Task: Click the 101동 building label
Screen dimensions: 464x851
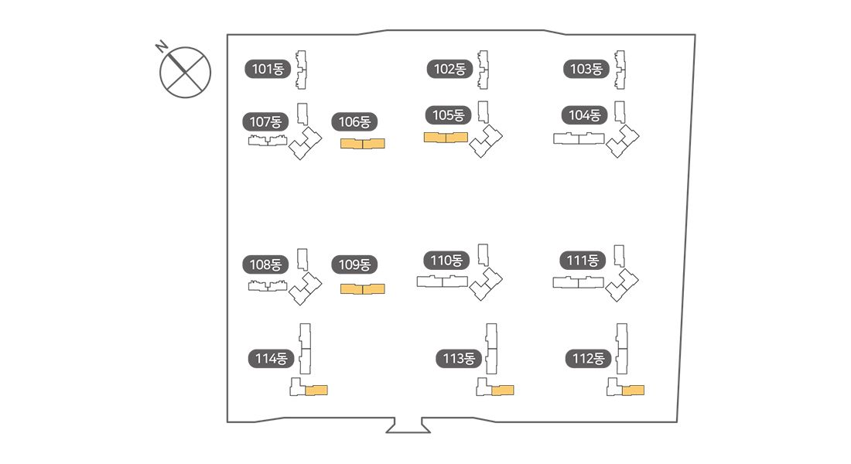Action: pyautogui.click(x=268, y=69)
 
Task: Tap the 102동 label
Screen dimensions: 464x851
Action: pyautogui.click(x=449, y=69)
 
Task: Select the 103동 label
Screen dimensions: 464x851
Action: pyautogui.click(x=586, y=69)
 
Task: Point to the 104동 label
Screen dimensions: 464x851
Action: pyautogui.click(x=584, y=115)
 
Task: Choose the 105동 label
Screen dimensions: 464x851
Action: pyautogui.click(x=448, y=115)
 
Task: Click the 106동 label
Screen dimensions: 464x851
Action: pyautogui.click(x=355, y=121)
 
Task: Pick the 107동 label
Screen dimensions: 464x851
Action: pyautogui.click(x=265, y=121)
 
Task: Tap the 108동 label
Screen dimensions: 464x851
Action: pyautogui.click(x=265, y=264)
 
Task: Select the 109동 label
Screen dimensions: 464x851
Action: pyautogui.click(x=355, y=264)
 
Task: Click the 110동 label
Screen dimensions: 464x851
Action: pyautogui.click(x=446, y=261)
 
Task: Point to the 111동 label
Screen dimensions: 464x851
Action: pyautogui.click(x=583, y=261)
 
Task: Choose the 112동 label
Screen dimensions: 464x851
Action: pyautogui.click(x=588, y=359)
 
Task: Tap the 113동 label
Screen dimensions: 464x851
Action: pyautogui.click(x=459, y=359)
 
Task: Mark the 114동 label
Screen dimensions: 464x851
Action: pyautogui.click(x=271, y=359)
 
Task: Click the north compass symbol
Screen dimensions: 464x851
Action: pyautogui.click(x=185, y=72)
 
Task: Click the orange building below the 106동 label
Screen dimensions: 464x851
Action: pyautogui.click(x=363, y=143)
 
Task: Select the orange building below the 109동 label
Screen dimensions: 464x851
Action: pyautogui.click(x=363, y=289)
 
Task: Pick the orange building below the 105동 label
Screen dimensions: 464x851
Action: pyautogui.click(x=446, y=138)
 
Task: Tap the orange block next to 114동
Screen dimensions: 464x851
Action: pyautogui.click(x=316, y=390)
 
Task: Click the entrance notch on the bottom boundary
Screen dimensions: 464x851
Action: pyautogui.click(x=408, y=425)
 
